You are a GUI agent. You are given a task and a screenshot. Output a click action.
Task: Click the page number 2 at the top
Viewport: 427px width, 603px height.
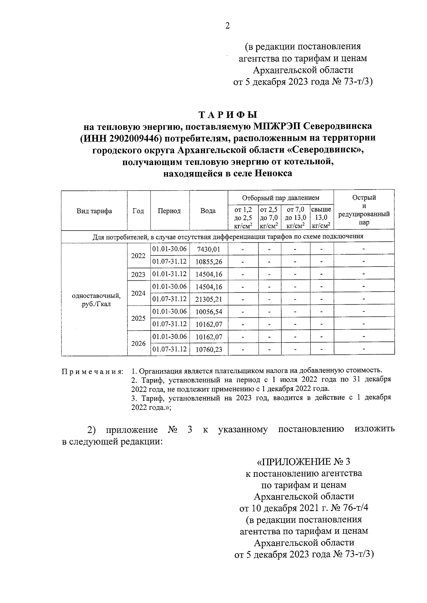[x=227, y=26]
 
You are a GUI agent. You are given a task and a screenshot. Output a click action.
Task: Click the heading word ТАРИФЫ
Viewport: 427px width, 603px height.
[x=227, y=115]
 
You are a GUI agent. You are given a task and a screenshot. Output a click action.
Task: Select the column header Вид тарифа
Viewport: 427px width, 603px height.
[x=94, y=211]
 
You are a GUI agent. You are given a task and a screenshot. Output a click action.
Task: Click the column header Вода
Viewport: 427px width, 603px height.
[x=208, y=211]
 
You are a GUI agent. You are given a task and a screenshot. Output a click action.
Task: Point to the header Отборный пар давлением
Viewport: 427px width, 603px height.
[x=280, y=198]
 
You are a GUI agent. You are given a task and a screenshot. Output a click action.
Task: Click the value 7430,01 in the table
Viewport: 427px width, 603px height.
[x=209, y=249]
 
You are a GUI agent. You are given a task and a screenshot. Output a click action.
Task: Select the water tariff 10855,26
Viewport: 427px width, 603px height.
[x=209, y=262]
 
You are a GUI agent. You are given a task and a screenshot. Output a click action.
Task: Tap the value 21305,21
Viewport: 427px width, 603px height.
[x=209, y=300]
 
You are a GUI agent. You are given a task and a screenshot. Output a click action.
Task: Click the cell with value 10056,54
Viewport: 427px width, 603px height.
[x=209, y=312]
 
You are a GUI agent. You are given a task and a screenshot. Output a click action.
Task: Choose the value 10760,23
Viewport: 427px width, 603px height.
[x=209, y=350]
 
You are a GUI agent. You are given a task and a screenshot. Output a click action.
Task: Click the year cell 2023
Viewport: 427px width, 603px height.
[x=138, y=274]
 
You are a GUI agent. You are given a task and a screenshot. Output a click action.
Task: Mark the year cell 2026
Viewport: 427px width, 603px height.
[x=138, y=344]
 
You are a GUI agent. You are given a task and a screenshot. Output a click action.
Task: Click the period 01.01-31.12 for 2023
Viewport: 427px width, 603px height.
[x=169, y=274]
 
